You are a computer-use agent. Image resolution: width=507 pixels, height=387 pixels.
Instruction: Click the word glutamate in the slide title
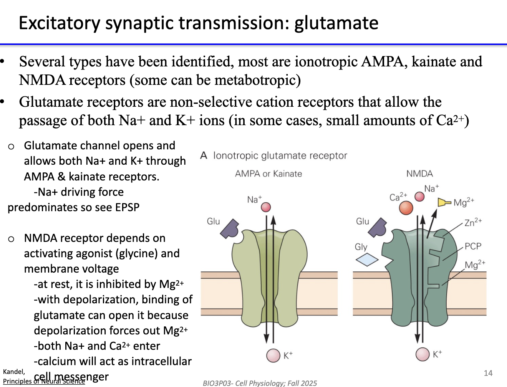point(336,23)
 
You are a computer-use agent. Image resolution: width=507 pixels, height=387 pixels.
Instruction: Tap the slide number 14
point(488,373)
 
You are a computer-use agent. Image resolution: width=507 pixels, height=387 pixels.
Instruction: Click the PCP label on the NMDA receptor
point(473,246)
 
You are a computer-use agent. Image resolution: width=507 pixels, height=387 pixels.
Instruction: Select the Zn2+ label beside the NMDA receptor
point(473,223)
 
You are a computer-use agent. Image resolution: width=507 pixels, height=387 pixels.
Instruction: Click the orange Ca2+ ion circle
point(406,208)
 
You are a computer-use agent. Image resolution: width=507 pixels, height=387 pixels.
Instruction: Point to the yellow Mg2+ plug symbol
point(444,202)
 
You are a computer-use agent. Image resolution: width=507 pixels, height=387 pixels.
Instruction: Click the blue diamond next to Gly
point(367,260)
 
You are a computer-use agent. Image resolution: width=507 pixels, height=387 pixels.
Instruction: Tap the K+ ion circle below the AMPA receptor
point(273,355)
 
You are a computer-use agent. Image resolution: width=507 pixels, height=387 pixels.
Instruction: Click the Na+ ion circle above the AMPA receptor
point(266,207)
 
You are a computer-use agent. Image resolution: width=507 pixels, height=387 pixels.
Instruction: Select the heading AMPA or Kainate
point(268,174)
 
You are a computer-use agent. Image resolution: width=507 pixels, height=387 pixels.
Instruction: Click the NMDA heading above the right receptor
point(419,174)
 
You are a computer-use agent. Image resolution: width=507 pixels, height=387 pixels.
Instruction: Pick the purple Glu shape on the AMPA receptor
point(230,229)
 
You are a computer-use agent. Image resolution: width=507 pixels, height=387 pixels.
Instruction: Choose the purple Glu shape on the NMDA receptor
point(378,228)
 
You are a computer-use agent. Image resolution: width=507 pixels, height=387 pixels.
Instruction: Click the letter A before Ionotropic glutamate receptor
point(204,155)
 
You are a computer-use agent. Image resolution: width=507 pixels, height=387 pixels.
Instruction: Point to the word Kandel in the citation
point(14,372)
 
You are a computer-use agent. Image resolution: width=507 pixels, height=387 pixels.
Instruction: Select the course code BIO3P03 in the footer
point(217,383)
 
